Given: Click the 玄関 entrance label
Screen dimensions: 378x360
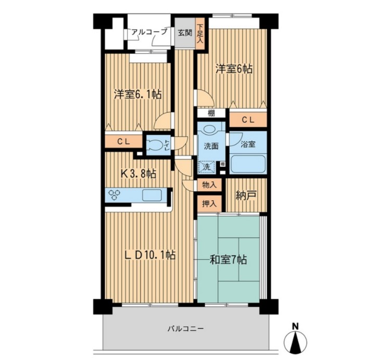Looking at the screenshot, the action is (185, 33).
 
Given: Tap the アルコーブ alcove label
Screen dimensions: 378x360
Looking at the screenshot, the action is (149, 32).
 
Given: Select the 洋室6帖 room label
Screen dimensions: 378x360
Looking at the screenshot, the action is (234, 69).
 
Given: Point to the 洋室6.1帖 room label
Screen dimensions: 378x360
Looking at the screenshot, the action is (137, 94).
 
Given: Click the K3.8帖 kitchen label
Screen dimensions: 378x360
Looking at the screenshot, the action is (138, 173).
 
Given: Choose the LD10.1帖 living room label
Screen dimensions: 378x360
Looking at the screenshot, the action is (150, 255).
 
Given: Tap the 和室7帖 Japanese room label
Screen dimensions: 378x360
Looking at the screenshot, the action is (228, 260).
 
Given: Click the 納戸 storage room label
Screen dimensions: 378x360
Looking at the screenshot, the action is (246, 195).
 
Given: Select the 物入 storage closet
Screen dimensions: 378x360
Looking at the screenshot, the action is (209, 185).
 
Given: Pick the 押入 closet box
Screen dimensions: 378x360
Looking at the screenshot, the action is (209, 204).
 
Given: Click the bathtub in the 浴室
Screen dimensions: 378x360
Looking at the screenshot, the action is (248, 164).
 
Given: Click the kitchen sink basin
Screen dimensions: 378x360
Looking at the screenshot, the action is (152, 195).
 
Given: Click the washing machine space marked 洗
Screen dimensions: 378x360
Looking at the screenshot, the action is (206, 167).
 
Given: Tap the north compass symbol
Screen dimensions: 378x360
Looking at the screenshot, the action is (295, 340).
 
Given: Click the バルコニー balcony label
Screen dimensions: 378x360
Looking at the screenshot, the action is (186, 329).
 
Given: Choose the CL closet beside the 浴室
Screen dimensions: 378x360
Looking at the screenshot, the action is (248, 120).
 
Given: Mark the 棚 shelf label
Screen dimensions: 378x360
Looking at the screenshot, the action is (211, 113).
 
